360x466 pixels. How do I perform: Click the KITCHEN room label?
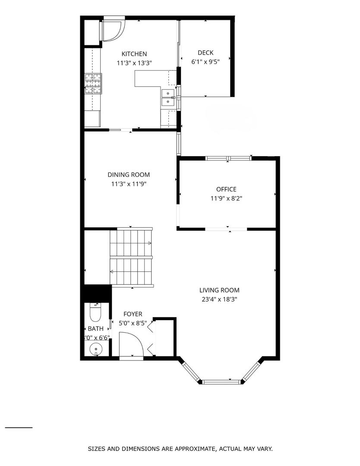[134, 54]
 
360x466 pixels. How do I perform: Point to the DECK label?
[205, 53]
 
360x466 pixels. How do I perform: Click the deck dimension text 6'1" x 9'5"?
[205, 62]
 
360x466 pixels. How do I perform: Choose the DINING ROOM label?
[129, 175]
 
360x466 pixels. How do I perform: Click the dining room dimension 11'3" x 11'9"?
[129, 184]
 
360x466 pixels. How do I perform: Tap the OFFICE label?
[226, 189]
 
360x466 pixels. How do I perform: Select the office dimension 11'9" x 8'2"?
[226, 198]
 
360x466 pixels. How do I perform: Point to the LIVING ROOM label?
[219, 290]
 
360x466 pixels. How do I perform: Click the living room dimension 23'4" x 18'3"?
[219, 299]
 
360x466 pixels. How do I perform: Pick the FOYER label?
[133, 314]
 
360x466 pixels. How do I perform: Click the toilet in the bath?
[94, 313]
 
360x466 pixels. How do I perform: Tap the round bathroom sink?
[94, 349]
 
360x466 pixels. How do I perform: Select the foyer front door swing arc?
[131, 343]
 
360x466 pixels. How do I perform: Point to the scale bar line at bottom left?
[19, 428]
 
